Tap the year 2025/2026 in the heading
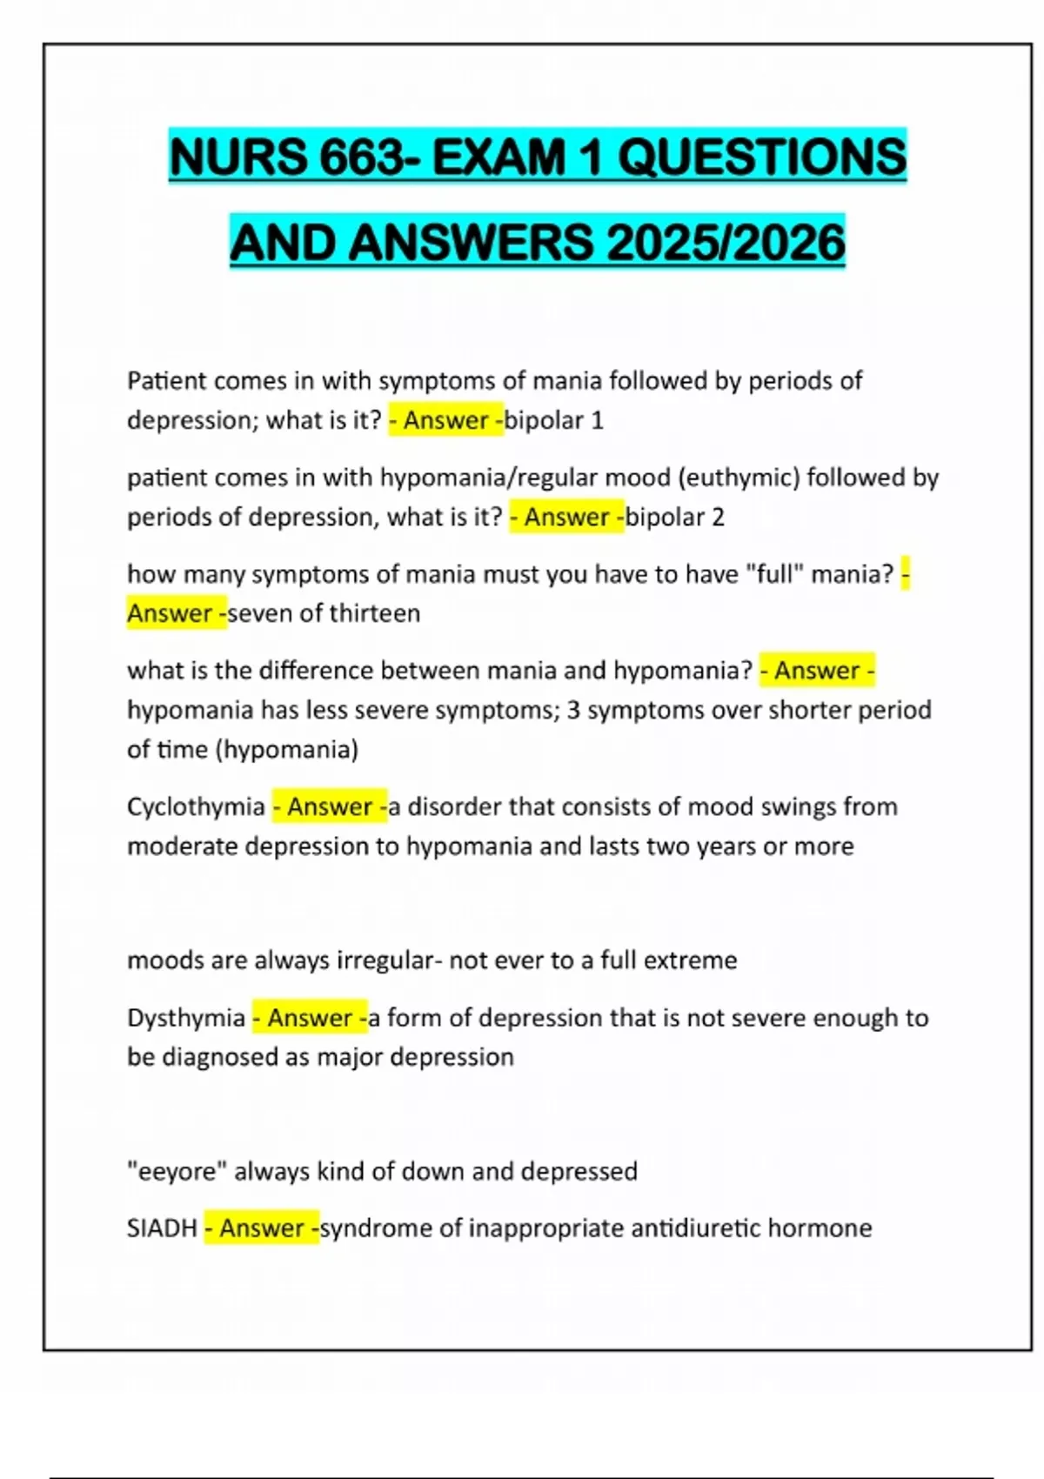(726, 243)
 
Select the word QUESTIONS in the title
(761, 158)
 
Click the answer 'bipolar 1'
(554, 420)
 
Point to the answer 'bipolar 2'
(675, 517)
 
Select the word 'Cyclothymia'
(196, 806)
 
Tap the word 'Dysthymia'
(186, 1017)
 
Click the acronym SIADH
(162, 1228)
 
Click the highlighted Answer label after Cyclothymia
(330, 806)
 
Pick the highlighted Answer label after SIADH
(262, 1228)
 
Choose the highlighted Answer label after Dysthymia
(310, 1017)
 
